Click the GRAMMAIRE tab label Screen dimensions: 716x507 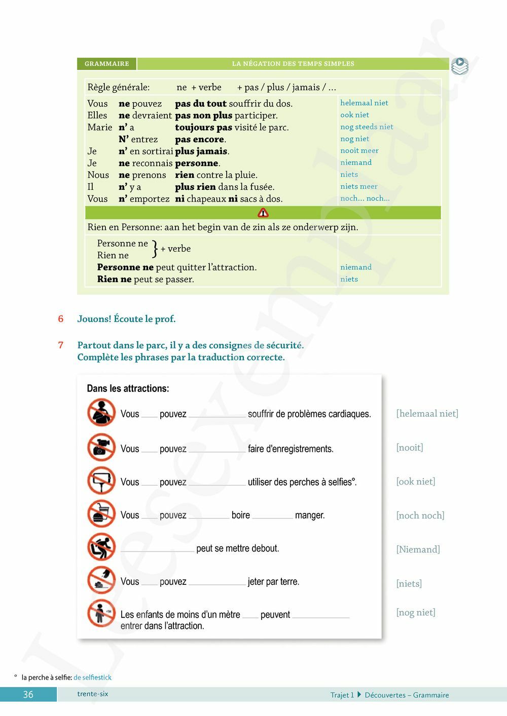[107, 64]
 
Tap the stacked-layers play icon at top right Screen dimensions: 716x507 [459, 66]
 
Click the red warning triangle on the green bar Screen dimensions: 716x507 [263, 213]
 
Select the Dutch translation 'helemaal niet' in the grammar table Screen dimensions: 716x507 [364, 103]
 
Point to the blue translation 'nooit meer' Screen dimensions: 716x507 [359, 150]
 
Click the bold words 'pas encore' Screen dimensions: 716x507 [200, 139]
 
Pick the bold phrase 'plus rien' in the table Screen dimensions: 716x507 [195, 187]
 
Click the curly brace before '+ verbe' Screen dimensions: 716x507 [155, 249]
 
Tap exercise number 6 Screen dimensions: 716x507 [61, 319]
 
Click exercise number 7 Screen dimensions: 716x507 [61, 345]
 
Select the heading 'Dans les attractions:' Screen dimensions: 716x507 [128, 388]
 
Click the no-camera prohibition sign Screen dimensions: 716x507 [101, 447]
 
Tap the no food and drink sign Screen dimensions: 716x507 [101, 513]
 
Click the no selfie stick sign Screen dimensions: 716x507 [101, 480]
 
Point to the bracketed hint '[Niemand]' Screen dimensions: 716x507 [418, 549]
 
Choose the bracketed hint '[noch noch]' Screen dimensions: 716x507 [420, 515]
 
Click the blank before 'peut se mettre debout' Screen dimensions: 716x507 [157, 549]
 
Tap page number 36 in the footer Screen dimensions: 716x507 [28, 695]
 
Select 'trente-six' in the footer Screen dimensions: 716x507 [93, 694]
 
